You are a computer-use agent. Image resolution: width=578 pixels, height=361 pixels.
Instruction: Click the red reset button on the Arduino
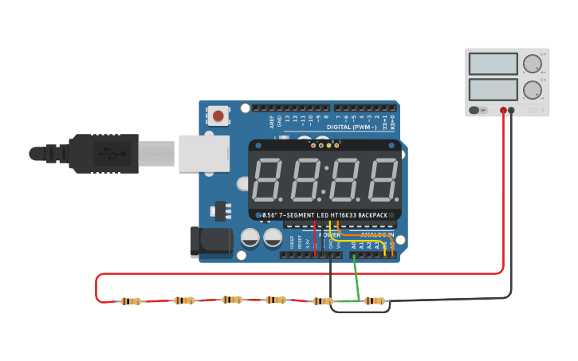tap(218, 116)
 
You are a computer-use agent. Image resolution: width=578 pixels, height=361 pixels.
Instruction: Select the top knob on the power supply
tap(531, 63)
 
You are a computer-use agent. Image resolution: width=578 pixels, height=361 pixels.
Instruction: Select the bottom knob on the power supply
tap(531, 88)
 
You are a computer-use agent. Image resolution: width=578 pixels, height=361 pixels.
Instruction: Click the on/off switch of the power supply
tap(478, 110)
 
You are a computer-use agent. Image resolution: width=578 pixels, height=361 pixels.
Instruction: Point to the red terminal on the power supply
tap(503, 111)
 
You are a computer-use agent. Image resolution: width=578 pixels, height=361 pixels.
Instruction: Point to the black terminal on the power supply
tap(512, 111)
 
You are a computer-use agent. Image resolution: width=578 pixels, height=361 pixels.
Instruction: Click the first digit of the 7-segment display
tap(268, 180)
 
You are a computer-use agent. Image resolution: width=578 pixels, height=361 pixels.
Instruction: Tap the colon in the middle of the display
tap(324, 181)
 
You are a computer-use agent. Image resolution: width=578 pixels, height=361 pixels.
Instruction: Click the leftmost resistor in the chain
tap(131, 301)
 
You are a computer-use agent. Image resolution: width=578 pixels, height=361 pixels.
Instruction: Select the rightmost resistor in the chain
tap(374, 301)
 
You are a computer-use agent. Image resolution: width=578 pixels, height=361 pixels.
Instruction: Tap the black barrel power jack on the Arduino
tap(209, 241)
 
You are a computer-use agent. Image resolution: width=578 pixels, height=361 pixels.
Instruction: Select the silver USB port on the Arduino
tap(203, 153)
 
